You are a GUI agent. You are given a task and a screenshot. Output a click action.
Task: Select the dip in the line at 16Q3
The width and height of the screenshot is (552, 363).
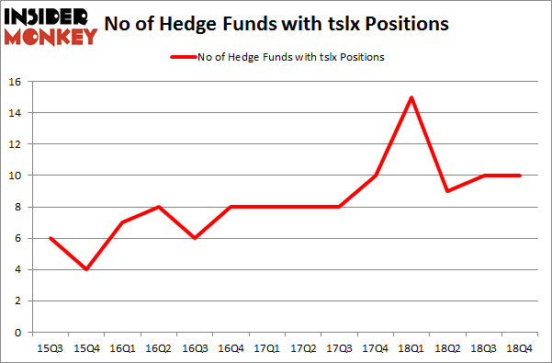(193, 237)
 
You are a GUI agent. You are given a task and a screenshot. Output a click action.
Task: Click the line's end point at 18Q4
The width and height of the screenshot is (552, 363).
(521, 175)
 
